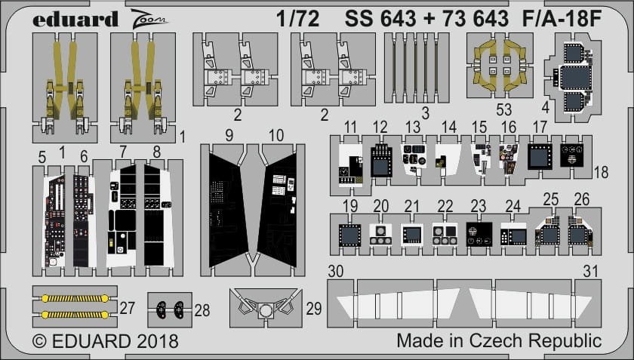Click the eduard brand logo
(75, 19)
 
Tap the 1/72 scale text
(298, 19)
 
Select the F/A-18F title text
(562, 19)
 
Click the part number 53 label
(504, 109)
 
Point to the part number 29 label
(314, 309)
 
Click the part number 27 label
(128, 308)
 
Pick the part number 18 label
(602, 173)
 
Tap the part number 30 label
(336, 272)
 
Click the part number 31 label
(591, 272)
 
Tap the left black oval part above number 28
(162, 309)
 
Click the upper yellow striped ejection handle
(75, 299)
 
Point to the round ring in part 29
(265, 311)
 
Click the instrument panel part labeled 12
(381, 161)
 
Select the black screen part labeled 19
(349, 235)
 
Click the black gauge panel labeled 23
(479, 234)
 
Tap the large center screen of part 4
(576, 78)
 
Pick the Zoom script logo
(148, 20)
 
